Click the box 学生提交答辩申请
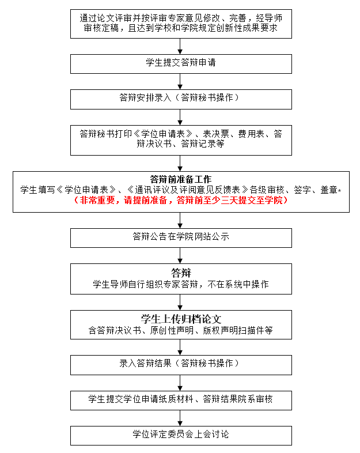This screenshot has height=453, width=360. (x=181, y=64)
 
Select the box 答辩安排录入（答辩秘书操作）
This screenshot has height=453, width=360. (x=181, y=99)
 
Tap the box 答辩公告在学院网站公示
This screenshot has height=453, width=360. (x=181, y=238)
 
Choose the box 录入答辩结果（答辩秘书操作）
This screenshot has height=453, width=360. (x=181, y=365)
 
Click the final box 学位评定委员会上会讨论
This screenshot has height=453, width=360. (x=181, y=436)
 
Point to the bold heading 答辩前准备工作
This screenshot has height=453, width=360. (x=181, y=179)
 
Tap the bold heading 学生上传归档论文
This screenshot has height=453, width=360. (x=181, y=319)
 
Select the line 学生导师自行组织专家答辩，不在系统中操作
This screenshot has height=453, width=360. (x=181, y=284)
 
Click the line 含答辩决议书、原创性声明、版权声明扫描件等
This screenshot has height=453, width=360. (x=181, y=330)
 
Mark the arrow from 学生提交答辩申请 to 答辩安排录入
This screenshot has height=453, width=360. (x=180, y=81)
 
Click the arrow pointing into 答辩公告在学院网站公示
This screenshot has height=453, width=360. (x=180, y=220)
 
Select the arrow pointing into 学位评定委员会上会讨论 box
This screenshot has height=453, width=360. (x=180, y=418)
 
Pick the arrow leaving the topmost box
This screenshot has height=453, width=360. (x=180, y=46)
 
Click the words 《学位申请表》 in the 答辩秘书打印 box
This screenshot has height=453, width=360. (x=163, y=134)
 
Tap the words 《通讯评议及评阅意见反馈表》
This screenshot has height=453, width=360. (x=188, y=190)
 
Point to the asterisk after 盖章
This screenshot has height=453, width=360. (x=339, y=190)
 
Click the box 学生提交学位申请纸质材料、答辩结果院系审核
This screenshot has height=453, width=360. (x=181, y=401)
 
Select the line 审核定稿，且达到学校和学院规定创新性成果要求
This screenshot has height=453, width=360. (x=181, y=28)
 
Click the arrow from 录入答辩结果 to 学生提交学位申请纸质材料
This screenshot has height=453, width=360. (x=180, y=383)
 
